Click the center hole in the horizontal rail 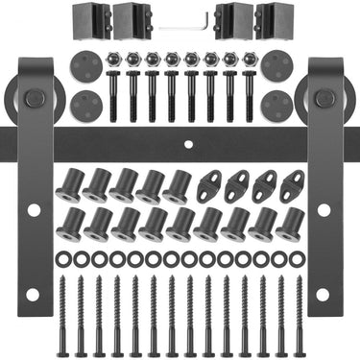(188, 144)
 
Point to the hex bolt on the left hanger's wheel (34, 97)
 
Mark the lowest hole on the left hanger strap (34, 294)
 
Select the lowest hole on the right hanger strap (324, 293)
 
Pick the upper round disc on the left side (86, 65)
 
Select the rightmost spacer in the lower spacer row (290, 224)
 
